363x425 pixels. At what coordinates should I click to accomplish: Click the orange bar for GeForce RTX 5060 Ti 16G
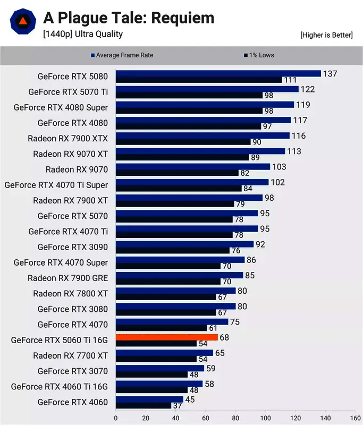[x=166, y=337]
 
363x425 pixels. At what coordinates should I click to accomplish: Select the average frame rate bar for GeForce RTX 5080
[x=218, y=73]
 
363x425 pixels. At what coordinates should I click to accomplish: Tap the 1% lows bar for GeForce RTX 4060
[x=143, y=405]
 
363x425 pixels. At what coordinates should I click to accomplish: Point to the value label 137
[x=330, y=73]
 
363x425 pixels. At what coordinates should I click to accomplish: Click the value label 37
[x=177, y=405]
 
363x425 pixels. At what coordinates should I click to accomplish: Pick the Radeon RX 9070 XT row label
[x=71, y=154]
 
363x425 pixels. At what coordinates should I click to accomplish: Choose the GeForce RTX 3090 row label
[x=73, y=247]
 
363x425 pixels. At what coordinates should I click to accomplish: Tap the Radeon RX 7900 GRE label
[x=68, y=278]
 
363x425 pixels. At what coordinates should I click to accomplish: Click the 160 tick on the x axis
[x=355, y=418]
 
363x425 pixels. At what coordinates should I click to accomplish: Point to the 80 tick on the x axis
[x=235, y=418]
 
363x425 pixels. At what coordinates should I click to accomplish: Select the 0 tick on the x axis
[x=116, y=418]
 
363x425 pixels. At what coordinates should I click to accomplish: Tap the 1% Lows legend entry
[x=259, y=55]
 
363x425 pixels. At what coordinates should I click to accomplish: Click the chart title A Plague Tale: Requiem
[x=129, y=18]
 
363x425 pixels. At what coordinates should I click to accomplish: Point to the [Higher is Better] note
[x=326, y=35]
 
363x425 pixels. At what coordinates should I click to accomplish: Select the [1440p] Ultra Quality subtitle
[x=83, y=35]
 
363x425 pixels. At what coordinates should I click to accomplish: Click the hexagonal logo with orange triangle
[x=23, y=21]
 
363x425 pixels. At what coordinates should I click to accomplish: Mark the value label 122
[x=307, y=89]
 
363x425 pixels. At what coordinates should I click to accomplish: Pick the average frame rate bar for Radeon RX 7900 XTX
[x=202, y=135]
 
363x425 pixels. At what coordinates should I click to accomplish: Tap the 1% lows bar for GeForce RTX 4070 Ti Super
[x=179, y=188]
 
